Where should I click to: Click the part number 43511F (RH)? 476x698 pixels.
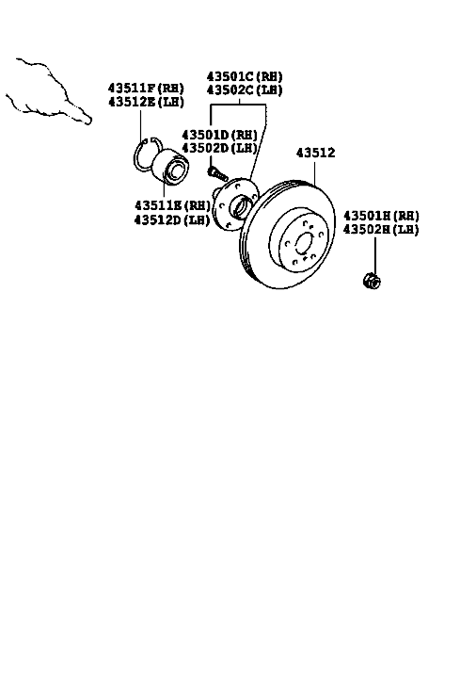tap(146, 88)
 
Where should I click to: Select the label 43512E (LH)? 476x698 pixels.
tap(146, 102)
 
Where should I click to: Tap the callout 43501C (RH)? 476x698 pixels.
tap(245, 76)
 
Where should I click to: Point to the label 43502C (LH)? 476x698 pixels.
tap(245, 89)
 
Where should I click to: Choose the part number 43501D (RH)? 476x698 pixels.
tap(219, 134)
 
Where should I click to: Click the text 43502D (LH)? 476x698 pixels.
tap(219, 147)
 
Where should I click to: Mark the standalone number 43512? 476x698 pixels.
tap(315, 153)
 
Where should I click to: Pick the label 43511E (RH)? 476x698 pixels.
tap(172, 205)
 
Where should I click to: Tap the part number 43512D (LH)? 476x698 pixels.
tap(172, 219)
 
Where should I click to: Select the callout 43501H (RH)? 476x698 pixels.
tap(381, 216)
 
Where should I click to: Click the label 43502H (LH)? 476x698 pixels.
tap(381, 230)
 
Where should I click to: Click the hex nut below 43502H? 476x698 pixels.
tap(372, 281)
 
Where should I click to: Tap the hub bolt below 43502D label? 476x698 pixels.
tap(217, 173)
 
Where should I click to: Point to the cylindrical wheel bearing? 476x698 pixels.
tap(171, 167)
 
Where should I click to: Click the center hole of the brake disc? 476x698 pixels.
tap(304, 244)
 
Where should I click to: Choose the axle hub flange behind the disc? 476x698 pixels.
tap(234, 204)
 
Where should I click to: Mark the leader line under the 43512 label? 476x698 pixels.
tap(314, 174)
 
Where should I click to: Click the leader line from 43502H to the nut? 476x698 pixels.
tap(374, 257)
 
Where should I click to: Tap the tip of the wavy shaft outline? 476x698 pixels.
tap(89, 121)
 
